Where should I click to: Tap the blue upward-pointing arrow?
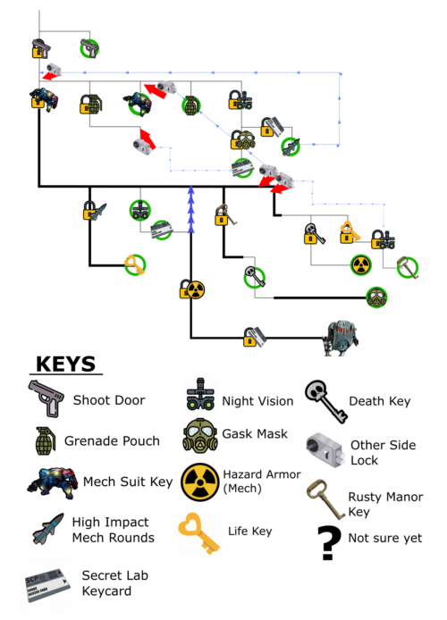(x=190, y=209)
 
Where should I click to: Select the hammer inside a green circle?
(x=408, y=267)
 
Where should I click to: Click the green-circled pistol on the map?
(x=89, y=48)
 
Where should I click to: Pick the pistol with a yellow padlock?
(x=40, y=48)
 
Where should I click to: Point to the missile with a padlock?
(x=94, y=211)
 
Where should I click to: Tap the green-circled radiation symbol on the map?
(x=360, y=264)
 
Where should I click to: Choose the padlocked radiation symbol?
(x=192, y=289)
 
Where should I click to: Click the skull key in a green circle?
(x=254, y=277)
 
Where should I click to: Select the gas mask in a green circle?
(x=376, y=297)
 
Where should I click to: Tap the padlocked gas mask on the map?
(x=242, y=140)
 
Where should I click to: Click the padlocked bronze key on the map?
(x=224, y=214)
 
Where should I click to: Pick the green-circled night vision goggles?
(x=140, y=210)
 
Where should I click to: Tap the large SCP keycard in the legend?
(x=47, y=586)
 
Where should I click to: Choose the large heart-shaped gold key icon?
(x=199, y=533)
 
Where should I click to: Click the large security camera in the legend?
(x=325, y=449)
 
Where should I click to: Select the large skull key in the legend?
(x=325, y=401)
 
